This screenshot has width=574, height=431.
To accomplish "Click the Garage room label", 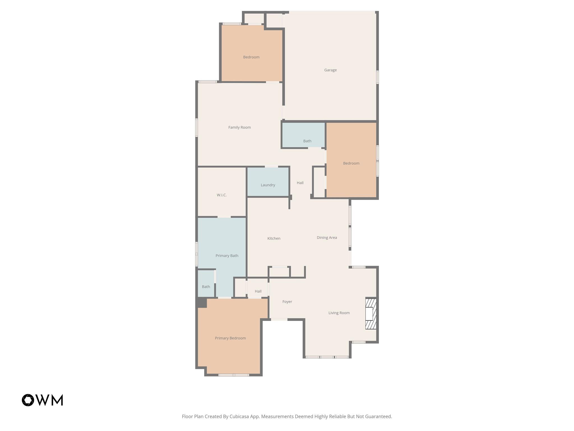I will point(330,70).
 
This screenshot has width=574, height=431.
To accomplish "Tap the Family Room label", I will point(239,127).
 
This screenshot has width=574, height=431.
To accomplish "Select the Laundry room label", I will point(268,185).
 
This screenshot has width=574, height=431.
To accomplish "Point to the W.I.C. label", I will point(221,195).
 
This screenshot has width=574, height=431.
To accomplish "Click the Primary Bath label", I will point(227,256).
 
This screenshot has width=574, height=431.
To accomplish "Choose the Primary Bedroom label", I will point(230,338).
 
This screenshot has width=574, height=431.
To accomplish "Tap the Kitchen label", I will point(274,239).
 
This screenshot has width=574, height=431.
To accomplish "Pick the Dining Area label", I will point(327,238).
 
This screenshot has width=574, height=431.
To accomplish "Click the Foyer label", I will point(287,302).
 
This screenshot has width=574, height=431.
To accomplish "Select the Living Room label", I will point(339,313).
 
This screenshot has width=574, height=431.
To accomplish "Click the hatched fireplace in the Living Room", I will point(371,314).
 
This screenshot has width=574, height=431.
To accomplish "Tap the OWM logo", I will point(42,400).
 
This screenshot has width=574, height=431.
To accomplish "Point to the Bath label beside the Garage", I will point(307,141).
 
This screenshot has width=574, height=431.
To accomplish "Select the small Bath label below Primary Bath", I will point(206,287).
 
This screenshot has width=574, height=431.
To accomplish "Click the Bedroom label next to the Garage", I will point(251,57).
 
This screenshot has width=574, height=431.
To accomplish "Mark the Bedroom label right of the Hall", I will point(351,163).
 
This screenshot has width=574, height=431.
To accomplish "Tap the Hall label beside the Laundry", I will point(300,183).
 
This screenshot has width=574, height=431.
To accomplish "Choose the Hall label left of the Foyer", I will point(258,292).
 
